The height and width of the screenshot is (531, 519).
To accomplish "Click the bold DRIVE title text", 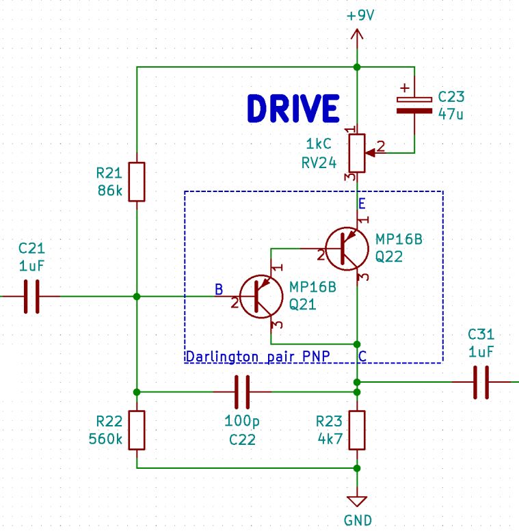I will tap(293, 109).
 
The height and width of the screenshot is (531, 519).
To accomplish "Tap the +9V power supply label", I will tap(360, 15).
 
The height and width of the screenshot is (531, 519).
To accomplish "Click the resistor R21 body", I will tap(137, 182).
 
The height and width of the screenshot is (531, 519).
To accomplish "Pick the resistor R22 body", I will tap(137, 430).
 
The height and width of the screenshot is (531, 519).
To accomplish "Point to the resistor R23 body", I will tap(357, 430).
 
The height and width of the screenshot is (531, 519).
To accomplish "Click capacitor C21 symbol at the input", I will tap(31, 296).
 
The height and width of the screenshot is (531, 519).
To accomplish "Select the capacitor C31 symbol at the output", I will tap(481, 381).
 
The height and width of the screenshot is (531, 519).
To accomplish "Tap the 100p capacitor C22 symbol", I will tap(243, 392).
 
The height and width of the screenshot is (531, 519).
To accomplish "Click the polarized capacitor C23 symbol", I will tap(414, 104).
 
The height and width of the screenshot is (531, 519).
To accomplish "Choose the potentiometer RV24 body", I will tap(357, 152).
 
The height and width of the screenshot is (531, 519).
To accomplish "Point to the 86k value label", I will tap(109, 191).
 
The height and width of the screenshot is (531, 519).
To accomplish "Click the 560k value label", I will tap(106, 439).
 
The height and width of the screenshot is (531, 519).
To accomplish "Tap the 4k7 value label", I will tap(329, 439).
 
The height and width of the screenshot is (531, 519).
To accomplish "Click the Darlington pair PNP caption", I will tap(258, 357).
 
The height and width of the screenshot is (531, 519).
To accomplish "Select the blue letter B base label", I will tap(219, 290).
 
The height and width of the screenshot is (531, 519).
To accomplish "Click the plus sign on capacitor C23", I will tap(405, 88).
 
